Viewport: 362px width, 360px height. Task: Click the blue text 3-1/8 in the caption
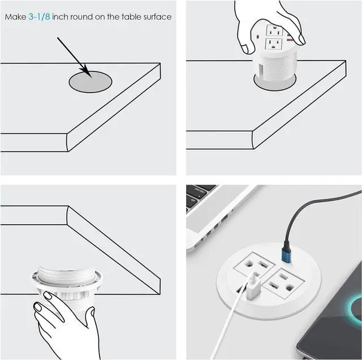point(39,17)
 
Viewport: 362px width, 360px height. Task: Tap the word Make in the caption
point(15,17)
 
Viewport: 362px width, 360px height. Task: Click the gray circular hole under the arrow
point(90,83)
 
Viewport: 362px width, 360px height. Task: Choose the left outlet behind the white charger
point(254,263)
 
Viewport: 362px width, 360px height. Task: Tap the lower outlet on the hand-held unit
point(275,44)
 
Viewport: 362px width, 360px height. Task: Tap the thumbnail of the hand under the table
point(38,307)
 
